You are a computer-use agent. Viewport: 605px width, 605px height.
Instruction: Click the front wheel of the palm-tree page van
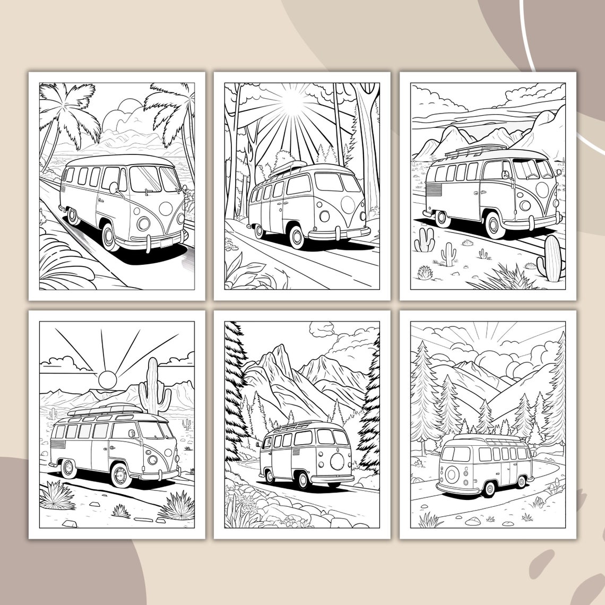pos(110,237)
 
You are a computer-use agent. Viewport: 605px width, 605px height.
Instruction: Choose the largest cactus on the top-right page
pos(552,258)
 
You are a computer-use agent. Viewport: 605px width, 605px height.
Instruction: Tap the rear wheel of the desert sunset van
pos(68,468)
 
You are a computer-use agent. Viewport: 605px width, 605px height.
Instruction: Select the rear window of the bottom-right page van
pos(456,454)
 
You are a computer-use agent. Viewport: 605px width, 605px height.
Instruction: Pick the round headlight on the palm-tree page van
pos(144,223)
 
